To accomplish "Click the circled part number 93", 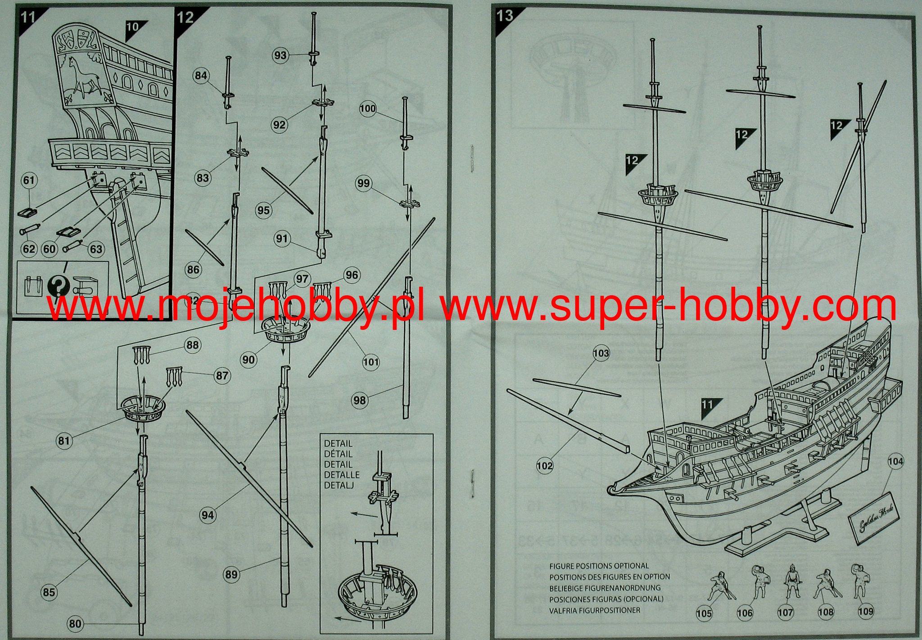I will (x=280, y=55).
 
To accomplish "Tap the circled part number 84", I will (x=201, y=75).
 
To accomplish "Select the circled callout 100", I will (x=367, y=108).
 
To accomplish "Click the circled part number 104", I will (x=895, y=461).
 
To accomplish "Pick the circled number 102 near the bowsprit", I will (x=544, y=466).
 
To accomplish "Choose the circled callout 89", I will (x=231, y=574).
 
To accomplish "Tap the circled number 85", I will (x=49, y=592).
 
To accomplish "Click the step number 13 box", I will (x=505, y=16).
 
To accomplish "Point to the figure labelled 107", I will (x=788, y=583).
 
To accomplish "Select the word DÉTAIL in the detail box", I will (x=338, y=454).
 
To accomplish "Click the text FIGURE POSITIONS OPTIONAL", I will (x=599, y=566).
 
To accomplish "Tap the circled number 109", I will (x=865, y=611).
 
